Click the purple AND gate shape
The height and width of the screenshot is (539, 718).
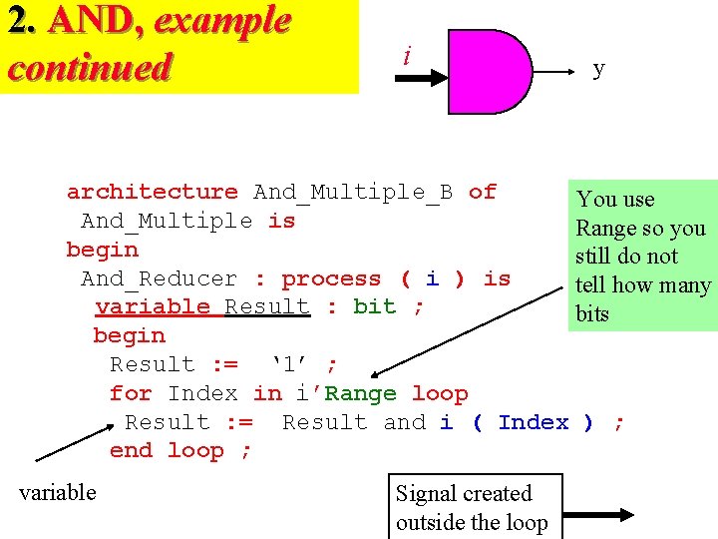(x=489, y=71)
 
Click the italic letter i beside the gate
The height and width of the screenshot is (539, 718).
(x=406, y=57)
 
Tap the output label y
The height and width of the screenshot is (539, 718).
(x=598, y=68)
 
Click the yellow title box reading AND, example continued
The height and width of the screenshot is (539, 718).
(x=179, y=46)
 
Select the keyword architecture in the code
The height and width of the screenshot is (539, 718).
(x=152, y=192)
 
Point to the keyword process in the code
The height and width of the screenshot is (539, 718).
(x=331, y=278)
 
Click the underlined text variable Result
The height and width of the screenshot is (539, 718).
(x=202, y=306)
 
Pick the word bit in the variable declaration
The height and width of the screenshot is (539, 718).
(x=374, y=306)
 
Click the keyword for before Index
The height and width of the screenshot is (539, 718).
(x=131, y=393)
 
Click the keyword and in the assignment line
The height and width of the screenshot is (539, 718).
(x=404, y=422)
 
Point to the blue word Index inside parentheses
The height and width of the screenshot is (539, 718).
(x=534, y=422)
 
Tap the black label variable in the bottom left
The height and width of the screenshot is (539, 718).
(x=58, y=492)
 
